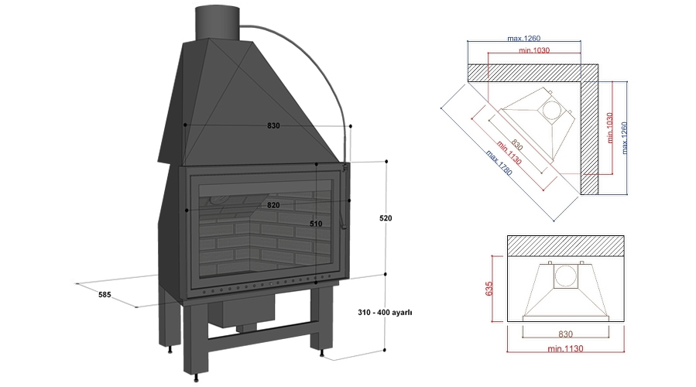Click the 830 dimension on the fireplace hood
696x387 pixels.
273,125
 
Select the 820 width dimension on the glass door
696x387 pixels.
273,205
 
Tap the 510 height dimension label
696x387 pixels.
316,224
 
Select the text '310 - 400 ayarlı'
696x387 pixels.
386,313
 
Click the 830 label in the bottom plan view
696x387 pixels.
565,334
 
